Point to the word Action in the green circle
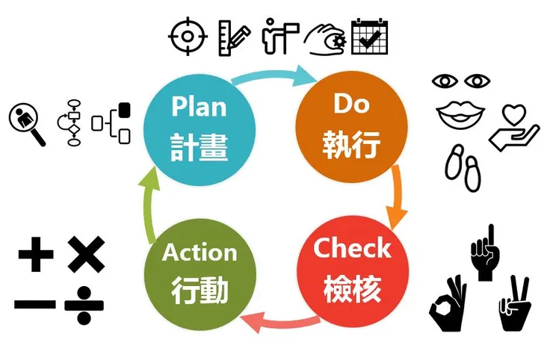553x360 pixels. tap(200, 252)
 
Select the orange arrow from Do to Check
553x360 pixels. tap(396, 196)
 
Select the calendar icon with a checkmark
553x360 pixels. tap(370, 36)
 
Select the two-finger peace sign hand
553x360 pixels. tap(514, 303)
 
